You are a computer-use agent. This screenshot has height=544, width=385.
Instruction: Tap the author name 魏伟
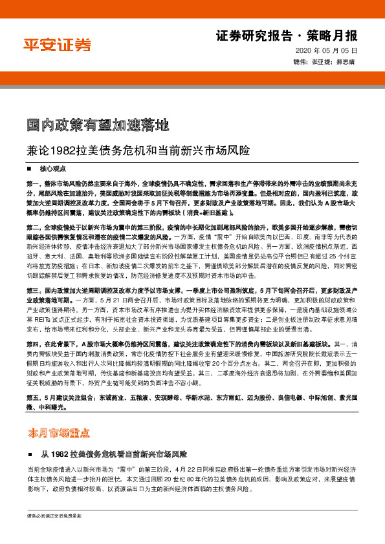(x=300, y=63)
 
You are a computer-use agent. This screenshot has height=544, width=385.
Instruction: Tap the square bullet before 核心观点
(x=30, y=168)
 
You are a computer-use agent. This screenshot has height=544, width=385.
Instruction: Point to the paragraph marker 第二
(x=33, y=227)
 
